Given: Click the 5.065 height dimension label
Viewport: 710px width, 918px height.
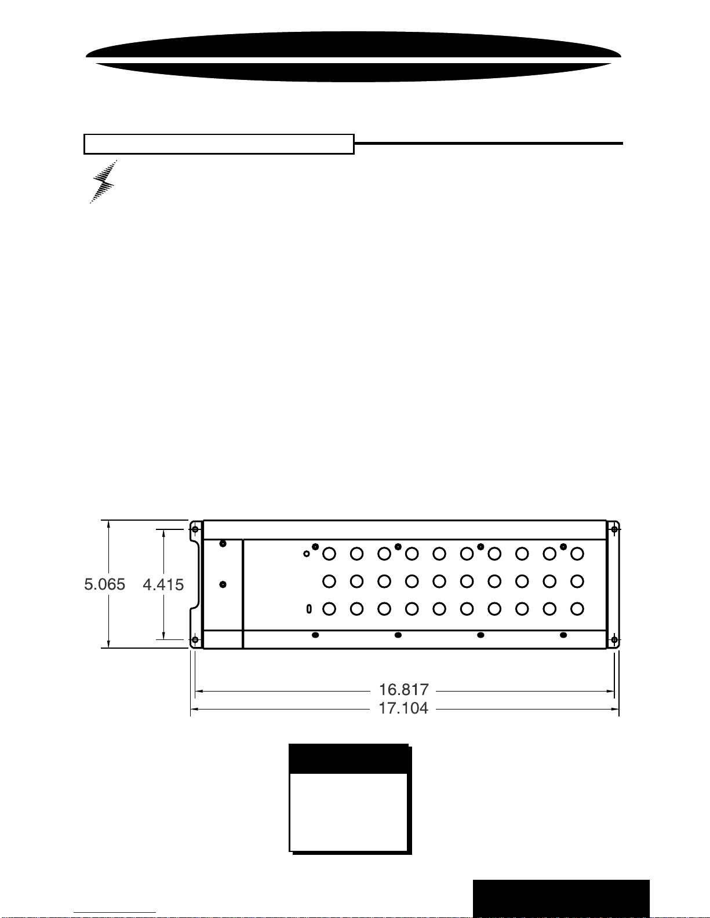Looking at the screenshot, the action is coord(104,584).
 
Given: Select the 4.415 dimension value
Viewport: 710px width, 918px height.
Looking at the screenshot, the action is coord(163,584).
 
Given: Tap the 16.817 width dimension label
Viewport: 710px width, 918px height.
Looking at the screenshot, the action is coord(403,689).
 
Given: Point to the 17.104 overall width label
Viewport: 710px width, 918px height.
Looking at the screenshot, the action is coord(403,708).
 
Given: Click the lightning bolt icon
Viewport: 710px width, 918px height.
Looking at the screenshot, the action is coord(103,182).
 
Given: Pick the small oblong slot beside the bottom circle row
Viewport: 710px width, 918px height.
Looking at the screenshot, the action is coord(309,609).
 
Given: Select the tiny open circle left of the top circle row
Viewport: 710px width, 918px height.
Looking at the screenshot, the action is coord(307,554).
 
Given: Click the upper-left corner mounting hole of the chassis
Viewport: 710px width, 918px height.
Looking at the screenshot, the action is coord(195,529).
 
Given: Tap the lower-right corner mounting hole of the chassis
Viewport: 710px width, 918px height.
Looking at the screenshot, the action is coord(614,640).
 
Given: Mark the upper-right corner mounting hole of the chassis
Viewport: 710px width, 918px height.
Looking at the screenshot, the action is coord(614,529).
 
